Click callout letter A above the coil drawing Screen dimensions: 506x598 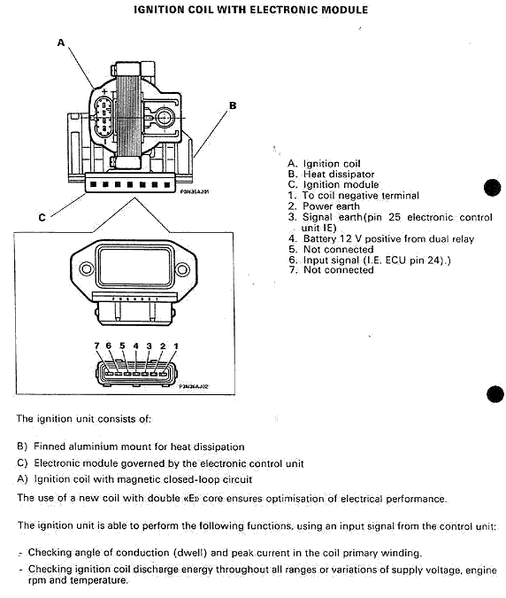tap(61, 43)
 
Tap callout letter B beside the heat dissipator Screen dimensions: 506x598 tap(233, 105)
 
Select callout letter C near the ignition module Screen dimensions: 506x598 tap(42, 217)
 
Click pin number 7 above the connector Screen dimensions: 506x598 tap(96, 346)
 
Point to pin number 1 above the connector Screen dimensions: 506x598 tap(176, 346)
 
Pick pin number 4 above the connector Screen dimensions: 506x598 tap(136, 346)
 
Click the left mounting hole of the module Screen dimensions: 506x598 tap(87, 268)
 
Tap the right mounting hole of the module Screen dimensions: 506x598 tap(182, 269)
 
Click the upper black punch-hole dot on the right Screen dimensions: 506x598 tap(493, 187)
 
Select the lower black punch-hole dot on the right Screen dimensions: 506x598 tap(495, 394)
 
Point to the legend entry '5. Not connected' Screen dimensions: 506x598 tap(331, 250)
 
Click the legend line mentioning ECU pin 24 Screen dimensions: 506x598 tap(369, 260)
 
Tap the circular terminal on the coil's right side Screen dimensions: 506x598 tap(165, 118)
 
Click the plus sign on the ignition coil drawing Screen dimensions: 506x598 tap(104, 91)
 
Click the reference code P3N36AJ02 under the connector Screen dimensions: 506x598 tap(195, 387)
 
